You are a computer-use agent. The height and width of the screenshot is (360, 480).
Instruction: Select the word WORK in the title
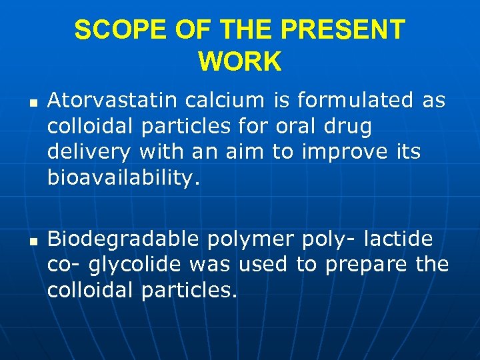[240, 62]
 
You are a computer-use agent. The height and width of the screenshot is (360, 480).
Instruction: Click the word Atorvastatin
[111, 101]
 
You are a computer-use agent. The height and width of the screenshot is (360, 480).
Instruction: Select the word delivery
[89, 153]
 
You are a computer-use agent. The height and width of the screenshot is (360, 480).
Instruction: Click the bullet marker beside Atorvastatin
[33, 103]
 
